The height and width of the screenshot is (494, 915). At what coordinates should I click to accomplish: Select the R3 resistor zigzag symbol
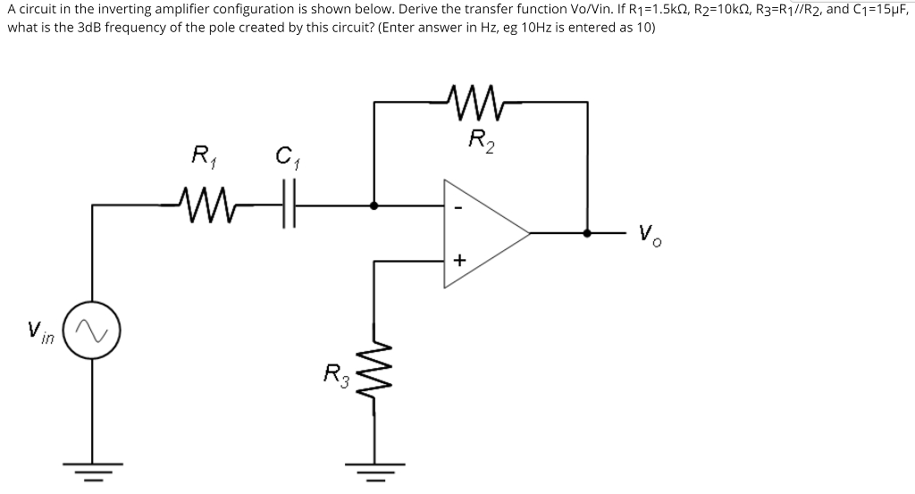coord(374,373)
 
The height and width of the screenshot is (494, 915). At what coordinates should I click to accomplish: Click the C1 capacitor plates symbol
coord(287,205)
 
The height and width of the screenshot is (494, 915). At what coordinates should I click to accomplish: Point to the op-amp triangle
coord(483,233)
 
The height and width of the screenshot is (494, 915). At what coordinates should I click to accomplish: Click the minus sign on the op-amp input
coord(457,211)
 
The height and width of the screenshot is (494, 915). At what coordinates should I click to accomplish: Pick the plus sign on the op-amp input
coord(458,261)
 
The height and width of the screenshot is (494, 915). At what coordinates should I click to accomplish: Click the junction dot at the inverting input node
coord(374,205)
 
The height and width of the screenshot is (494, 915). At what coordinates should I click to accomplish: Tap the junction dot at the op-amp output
coord(587,233)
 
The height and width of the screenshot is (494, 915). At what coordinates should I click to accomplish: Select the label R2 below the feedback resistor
coord(481,140)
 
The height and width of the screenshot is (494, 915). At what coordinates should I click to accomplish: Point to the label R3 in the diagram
coord(332,373)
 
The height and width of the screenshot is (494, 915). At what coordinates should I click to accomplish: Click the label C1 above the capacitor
coord(286,162)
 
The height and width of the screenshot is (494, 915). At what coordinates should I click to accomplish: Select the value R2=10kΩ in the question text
coord(732,10)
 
